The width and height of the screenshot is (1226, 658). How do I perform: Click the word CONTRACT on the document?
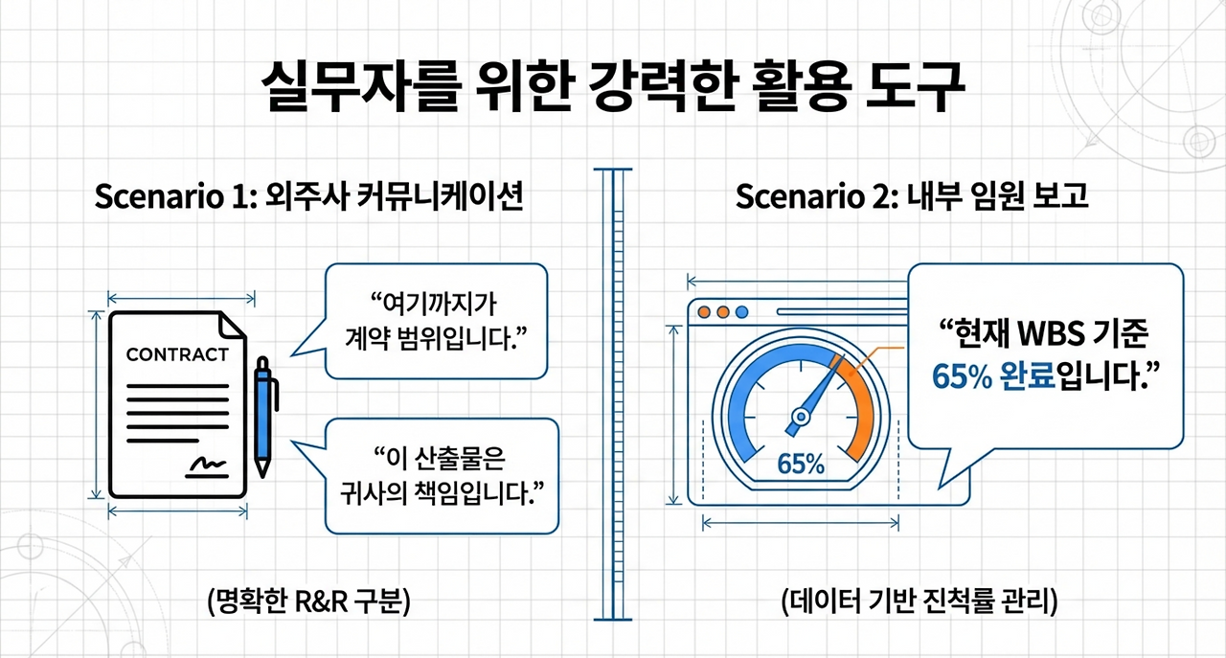click(x=177, y=354)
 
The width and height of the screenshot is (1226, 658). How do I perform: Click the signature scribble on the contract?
click(x=208, y=467)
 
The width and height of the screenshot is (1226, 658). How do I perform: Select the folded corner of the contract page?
click(x=232, y=325)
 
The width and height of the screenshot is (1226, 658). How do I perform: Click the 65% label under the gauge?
click(x=801, y=465)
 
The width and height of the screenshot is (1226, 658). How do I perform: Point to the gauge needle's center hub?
click(x=802, y=418)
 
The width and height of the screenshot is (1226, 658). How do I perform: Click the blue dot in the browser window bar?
click(x=741, y=312)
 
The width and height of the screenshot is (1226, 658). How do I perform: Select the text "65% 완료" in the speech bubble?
click(x=993, y=376)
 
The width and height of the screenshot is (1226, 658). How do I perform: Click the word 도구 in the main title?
click(x=915, y=87)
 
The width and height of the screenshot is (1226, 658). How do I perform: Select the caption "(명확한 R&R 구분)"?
click(x=308, y=602)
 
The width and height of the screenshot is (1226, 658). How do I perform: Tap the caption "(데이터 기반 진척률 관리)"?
click(x=919, y=602)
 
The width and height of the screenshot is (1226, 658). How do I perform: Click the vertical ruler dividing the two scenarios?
click(x=613, y=395)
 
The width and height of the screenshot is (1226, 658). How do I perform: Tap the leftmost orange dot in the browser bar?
click(x=704, y=312)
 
